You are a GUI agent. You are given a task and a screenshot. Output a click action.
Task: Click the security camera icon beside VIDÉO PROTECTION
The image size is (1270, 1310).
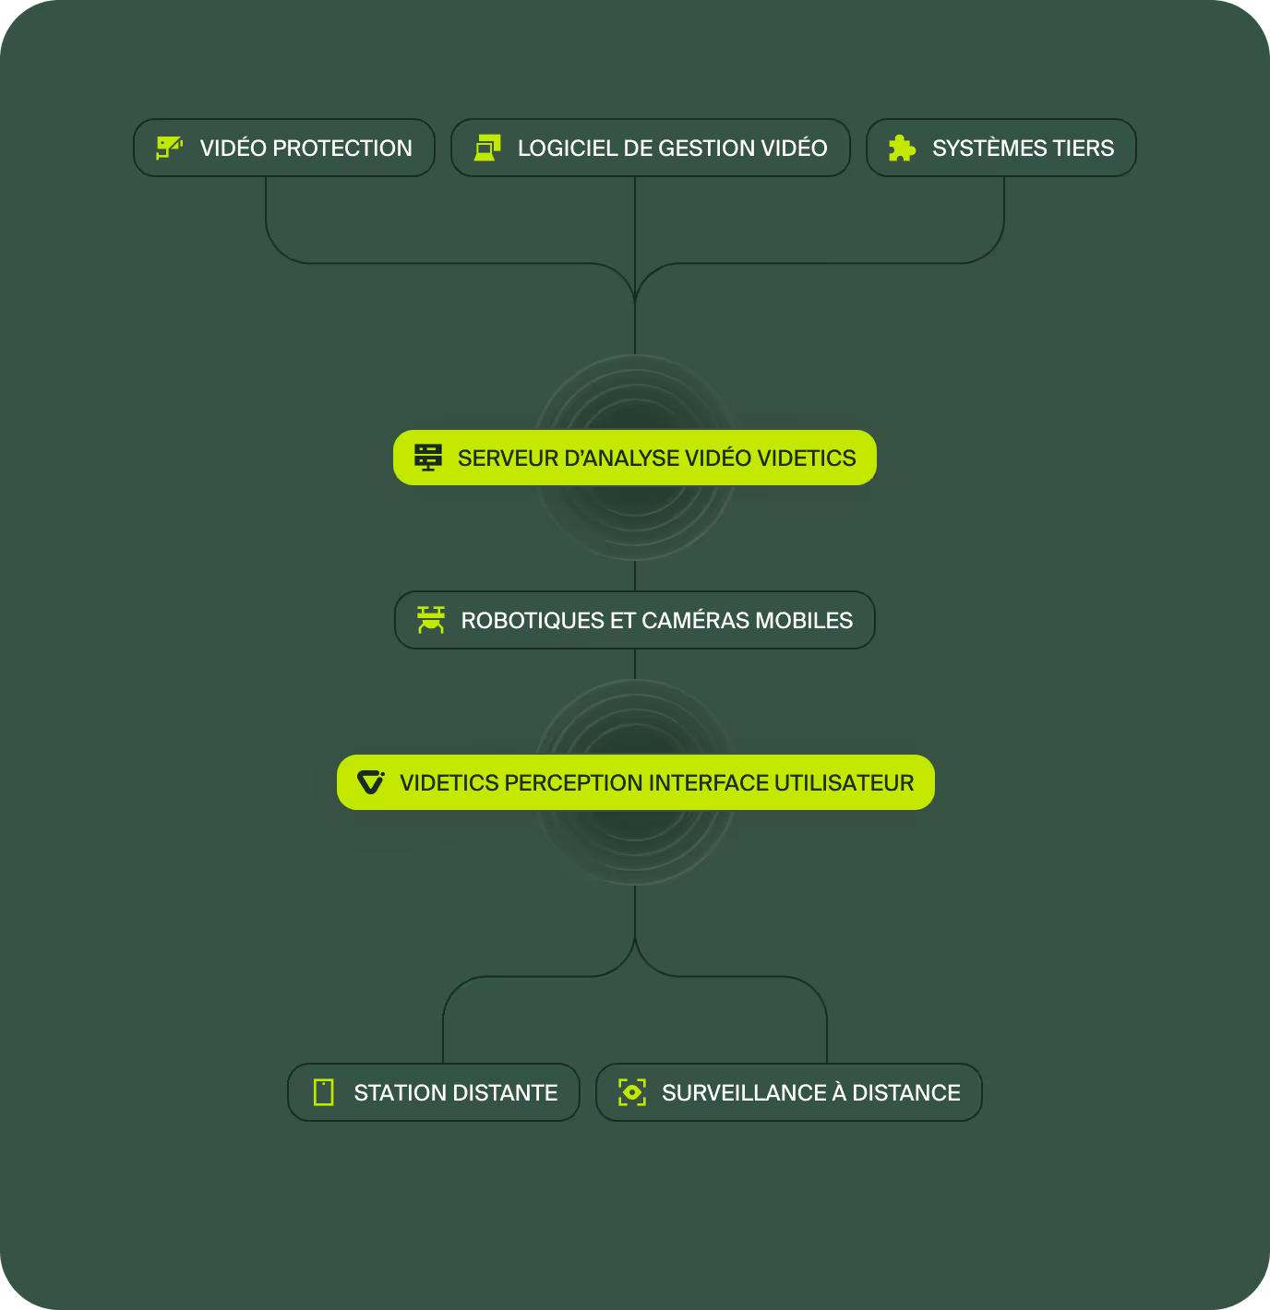(x=169, y=148)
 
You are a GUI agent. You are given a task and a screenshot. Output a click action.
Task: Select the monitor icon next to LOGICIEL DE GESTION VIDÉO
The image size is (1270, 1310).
(x=487, y=148)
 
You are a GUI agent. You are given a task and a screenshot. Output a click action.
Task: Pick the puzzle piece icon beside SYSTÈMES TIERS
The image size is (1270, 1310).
(x=902, y=148)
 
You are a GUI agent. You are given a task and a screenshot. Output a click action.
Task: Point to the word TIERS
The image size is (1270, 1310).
(x=1083, y=149)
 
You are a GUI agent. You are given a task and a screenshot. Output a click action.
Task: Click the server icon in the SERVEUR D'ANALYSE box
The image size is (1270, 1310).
(x=428, y=458)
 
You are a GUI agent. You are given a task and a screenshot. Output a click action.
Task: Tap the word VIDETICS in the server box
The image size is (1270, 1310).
(x=807, y=458)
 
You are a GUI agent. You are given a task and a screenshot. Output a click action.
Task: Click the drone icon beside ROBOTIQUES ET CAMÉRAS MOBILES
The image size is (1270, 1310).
(x=431, y=620)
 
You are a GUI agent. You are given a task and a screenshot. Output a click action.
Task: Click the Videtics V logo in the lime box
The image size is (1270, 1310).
(x=371, y=782)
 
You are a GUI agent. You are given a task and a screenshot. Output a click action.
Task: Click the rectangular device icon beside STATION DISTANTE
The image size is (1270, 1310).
(x=324, y=1092)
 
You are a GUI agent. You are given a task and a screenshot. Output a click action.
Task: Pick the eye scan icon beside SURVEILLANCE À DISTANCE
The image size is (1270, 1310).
(x=632, y=1092)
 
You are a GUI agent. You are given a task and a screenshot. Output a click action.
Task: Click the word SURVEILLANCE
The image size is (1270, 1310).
(x=744, y=1093)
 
